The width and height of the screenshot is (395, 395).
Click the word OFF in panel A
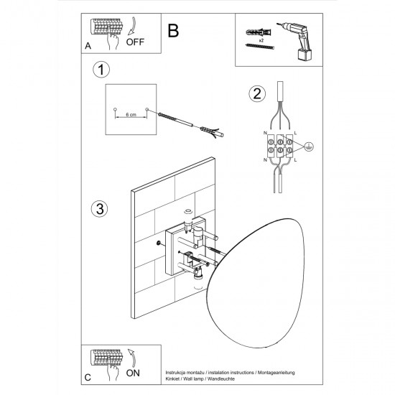click(x=135, y=42)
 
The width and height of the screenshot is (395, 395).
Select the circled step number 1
click(x=102, y=70)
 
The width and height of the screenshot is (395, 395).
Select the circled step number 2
click(x=255, y=93)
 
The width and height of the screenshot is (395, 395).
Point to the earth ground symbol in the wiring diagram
click(x=307, y=147)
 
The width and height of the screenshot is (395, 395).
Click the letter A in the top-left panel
click(x=88, y=45)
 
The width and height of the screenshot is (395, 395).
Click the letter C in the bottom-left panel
click(x=88, y=376)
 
